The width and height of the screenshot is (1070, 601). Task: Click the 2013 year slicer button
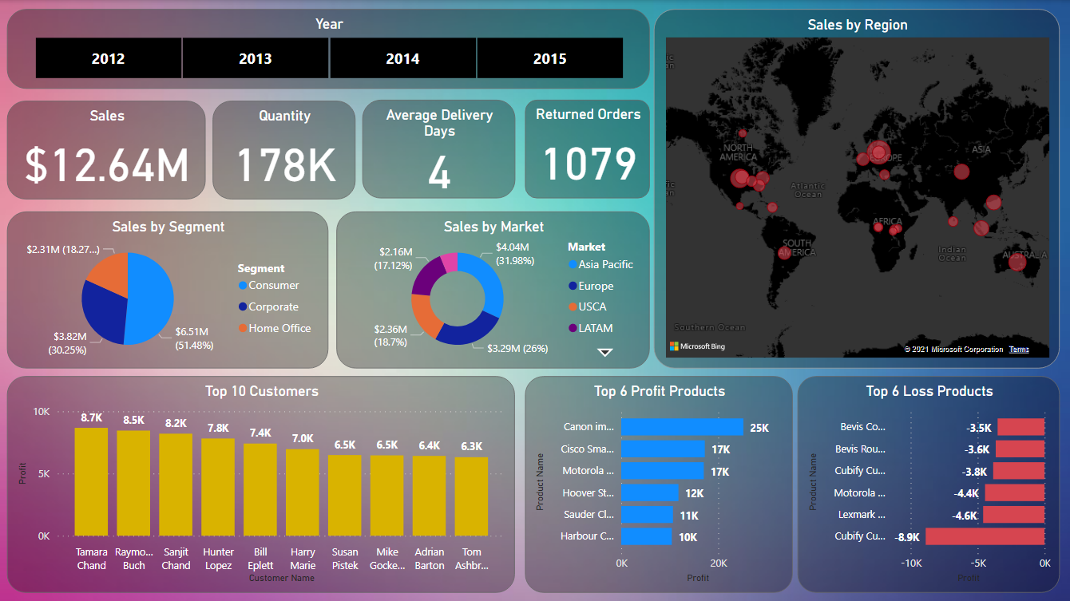click(x=255, y=58)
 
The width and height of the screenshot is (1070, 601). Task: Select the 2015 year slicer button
click(x=549, y=58)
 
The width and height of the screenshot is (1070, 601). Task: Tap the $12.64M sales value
click(x=107, y=165)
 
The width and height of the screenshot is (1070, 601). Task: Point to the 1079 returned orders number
click(x=589, y=164)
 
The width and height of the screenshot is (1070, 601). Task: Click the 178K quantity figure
click(x=285, y=165)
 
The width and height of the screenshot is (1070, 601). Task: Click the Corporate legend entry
click(x=272, y=306)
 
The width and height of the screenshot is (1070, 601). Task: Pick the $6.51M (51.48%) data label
click(x=192, y=338)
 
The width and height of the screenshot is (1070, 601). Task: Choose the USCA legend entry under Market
click(x=592, y=306)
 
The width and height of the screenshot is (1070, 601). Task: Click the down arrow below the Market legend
click(x=605, y=352)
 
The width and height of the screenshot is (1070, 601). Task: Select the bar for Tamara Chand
click(x=91, y=481)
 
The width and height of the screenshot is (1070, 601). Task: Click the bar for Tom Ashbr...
click(x=471, y=496)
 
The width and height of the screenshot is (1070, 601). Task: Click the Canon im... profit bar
click(x=682, y=427)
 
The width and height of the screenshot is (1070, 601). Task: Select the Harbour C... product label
click(x=587, y=536)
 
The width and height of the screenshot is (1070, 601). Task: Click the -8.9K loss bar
click(x=985, y=536)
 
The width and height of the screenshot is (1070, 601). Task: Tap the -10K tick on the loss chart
click(x=912, y=563)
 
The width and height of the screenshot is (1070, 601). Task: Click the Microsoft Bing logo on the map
click(x=697, y=346)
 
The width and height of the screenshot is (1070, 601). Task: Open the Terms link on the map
click(x=1019, y=350)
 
